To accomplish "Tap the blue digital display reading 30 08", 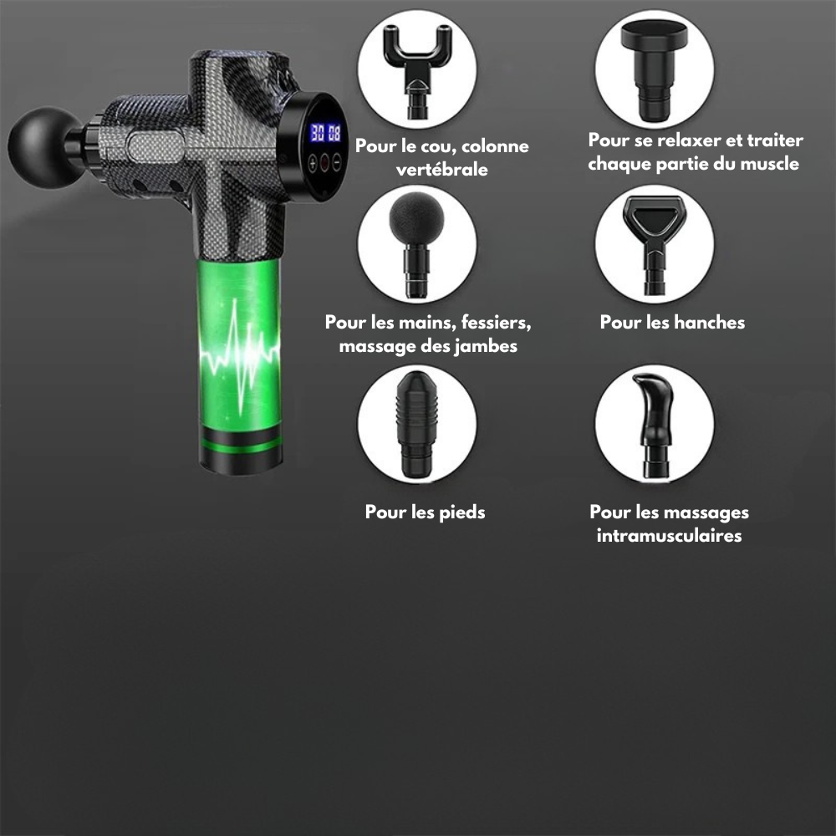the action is [326, 133].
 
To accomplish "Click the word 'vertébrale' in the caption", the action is [442, 170].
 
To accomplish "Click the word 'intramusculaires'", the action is [669, 535].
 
